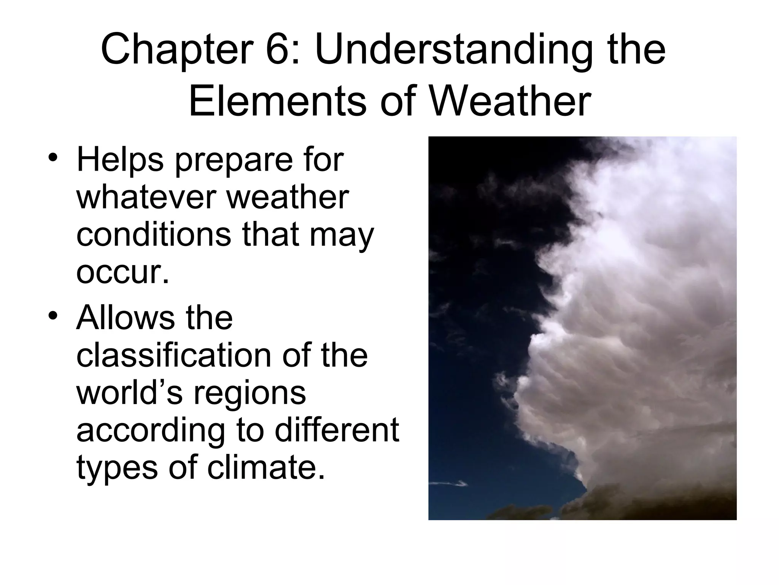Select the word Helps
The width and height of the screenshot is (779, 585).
point(120,160)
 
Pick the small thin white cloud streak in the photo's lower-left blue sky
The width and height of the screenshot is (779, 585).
point(449,484)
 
